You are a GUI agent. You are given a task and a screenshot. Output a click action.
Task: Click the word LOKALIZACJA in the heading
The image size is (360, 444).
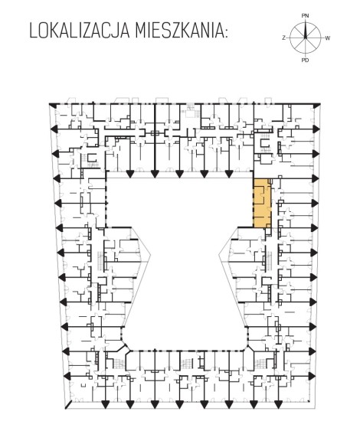click(x=80, y=31)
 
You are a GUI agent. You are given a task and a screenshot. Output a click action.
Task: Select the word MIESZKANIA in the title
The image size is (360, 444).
click(x=179, y=31)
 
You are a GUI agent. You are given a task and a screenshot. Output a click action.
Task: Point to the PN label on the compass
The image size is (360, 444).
click(x=305, y=16)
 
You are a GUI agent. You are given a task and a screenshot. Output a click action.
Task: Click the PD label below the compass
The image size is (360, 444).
click(x=305, y=60)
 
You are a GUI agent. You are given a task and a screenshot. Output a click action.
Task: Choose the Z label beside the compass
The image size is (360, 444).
click(x=283, y=38)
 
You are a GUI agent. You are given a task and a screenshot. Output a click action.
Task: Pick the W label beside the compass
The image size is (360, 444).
click(x=327, y=38)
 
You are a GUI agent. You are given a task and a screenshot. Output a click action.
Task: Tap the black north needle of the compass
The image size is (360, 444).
click(x=305, y=31)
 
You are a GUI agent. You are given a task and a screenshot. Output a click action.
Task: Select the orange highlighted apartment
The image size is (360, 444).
click(x=262, y=203)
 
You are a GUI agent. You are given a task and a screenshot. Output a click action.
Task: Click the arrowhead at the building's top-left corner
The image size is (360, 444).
click(x=52, y=105)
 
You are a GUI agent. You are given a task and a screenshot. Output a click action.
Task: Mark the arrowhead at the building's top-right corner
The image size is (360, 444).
click(x=317, y=106)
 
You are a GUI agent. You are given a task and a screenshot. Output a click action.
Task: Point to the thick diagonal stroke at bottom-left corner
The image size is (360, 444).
click(x=68, y=405)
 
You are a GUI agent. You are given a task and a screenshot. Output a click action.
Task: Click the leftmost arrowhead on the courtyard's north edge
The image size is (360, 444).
click(x=130, y=174)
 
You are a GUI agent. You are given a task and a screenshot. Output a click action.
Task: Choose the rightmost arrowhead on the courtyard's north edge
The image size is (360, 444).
click(x=229, y=174)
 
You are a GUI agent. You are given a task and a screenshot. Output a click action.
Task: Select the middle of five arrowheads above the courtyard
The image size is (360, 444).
click(x=179, y=174)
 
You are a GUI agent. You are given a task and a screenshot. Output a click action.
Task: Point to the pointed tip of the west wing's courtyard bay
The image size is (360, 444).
click(x=150, y=256)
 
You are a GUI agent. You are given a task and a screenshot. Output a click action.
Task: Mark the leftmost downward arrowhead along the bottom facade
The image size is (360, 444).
click(x=106, y=404)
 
